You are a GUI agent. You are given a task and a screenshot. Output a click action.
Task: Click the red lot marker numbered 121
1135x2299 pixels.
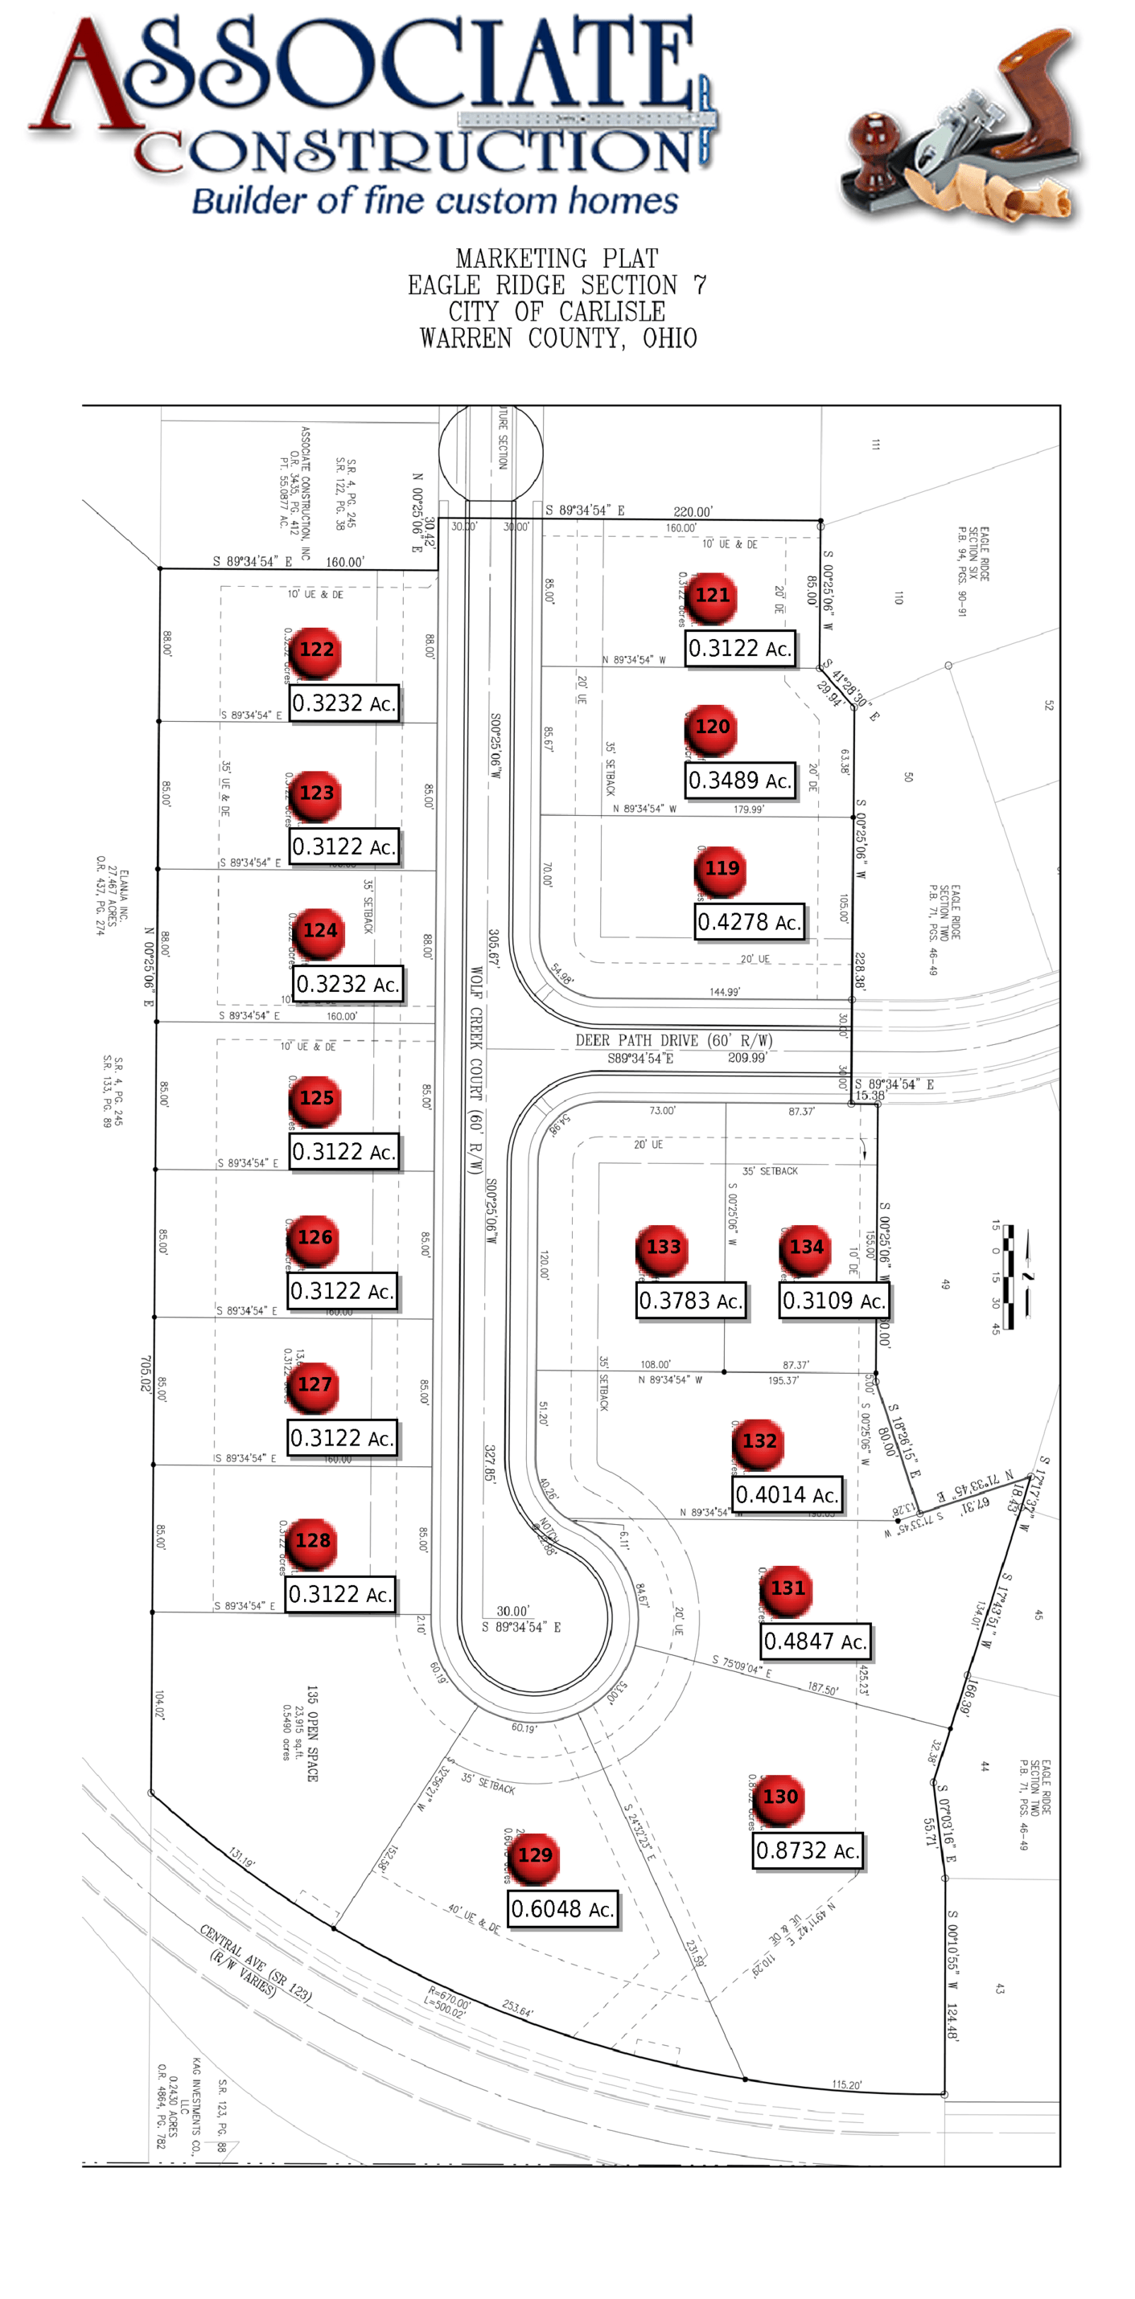pyautogui.click(x=712, y=596)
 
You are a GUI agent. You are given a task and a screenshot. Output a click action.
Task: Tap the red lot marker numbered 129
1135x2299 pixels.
pyautogui.click(x=534, y=1855)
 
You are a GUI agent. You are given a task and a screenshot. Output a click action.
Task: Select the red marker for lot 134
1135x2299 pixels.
pyautogui.click(x=805, y=1248)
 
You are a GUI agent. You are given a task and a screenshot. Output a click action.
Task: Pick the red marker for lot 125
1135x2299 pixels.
pyautogui.click(x=316, y=1099)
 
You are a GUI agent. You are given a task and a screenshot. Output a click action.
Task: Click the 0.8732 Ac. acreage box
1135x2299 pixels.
pyautogui.click(x=808, y=1851)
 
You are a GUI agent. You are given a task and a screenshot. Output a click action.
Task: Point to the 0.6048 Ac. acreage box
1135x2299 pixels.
pyautogui.click(x=562, y=1909)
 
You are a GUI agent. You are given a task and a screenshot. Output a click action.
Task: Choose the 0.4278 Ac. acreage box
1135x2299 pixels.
pyautogui.click(x=749, y=922)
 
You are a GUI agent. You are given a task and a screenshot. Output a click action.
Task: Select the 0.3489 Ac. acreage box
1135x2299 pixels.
pyautogui.click(x=740, y=780)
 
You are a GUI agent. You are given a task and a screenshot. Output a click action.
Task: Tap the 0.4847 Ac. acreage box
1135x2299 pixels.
pyautogui.click(x=816, y=1641)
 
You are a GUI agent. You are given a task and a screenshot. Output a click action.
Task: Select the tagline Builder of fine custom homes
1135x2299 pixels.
pyautogui.click(x=435, y=200)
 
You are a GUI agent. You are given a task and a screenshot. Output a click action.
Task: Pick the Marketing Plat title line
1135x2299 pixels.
pyautogui.click(x=557, y=259)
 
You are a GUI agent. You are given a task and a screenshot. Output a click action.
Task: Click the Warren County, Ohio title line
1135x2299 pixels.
pyautogui.click(x=558, y=338)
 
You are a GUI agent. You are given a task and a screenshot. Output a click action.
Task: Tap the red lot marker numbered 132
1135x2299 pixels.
pyautogui.click(x=759, y=1441)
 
